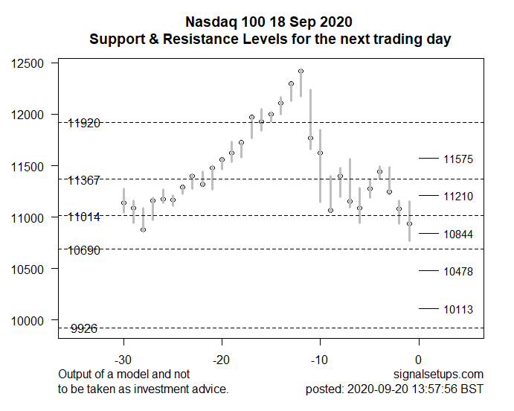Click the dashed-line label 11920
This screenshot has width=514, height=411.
point(83,123)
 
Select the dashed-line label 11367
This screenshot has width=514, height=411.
point(83,180)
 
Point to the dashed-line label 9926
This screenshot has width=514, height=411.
point(84,328)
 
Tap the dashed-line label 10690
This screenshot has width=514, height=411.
point(83,250)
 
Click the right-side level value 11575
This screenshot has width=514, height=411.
point(458,159)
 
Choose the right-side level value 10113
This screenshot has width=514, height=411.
point(458,310)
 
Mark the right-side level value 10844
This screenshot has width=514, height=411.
point(458,234)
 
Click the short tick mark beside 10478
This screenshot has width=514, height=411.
point(428,270)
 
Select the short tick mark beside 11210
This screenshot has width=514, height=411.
point(428,195)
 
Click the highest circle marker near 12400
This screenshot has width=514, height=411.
point(301,71)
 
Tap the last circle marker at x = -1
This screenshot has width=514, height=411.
point(409,223)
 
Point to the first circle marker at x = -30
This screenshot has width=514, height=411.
point(123,203)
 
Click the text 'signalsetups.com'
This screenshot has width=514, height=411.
point(441,374)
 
